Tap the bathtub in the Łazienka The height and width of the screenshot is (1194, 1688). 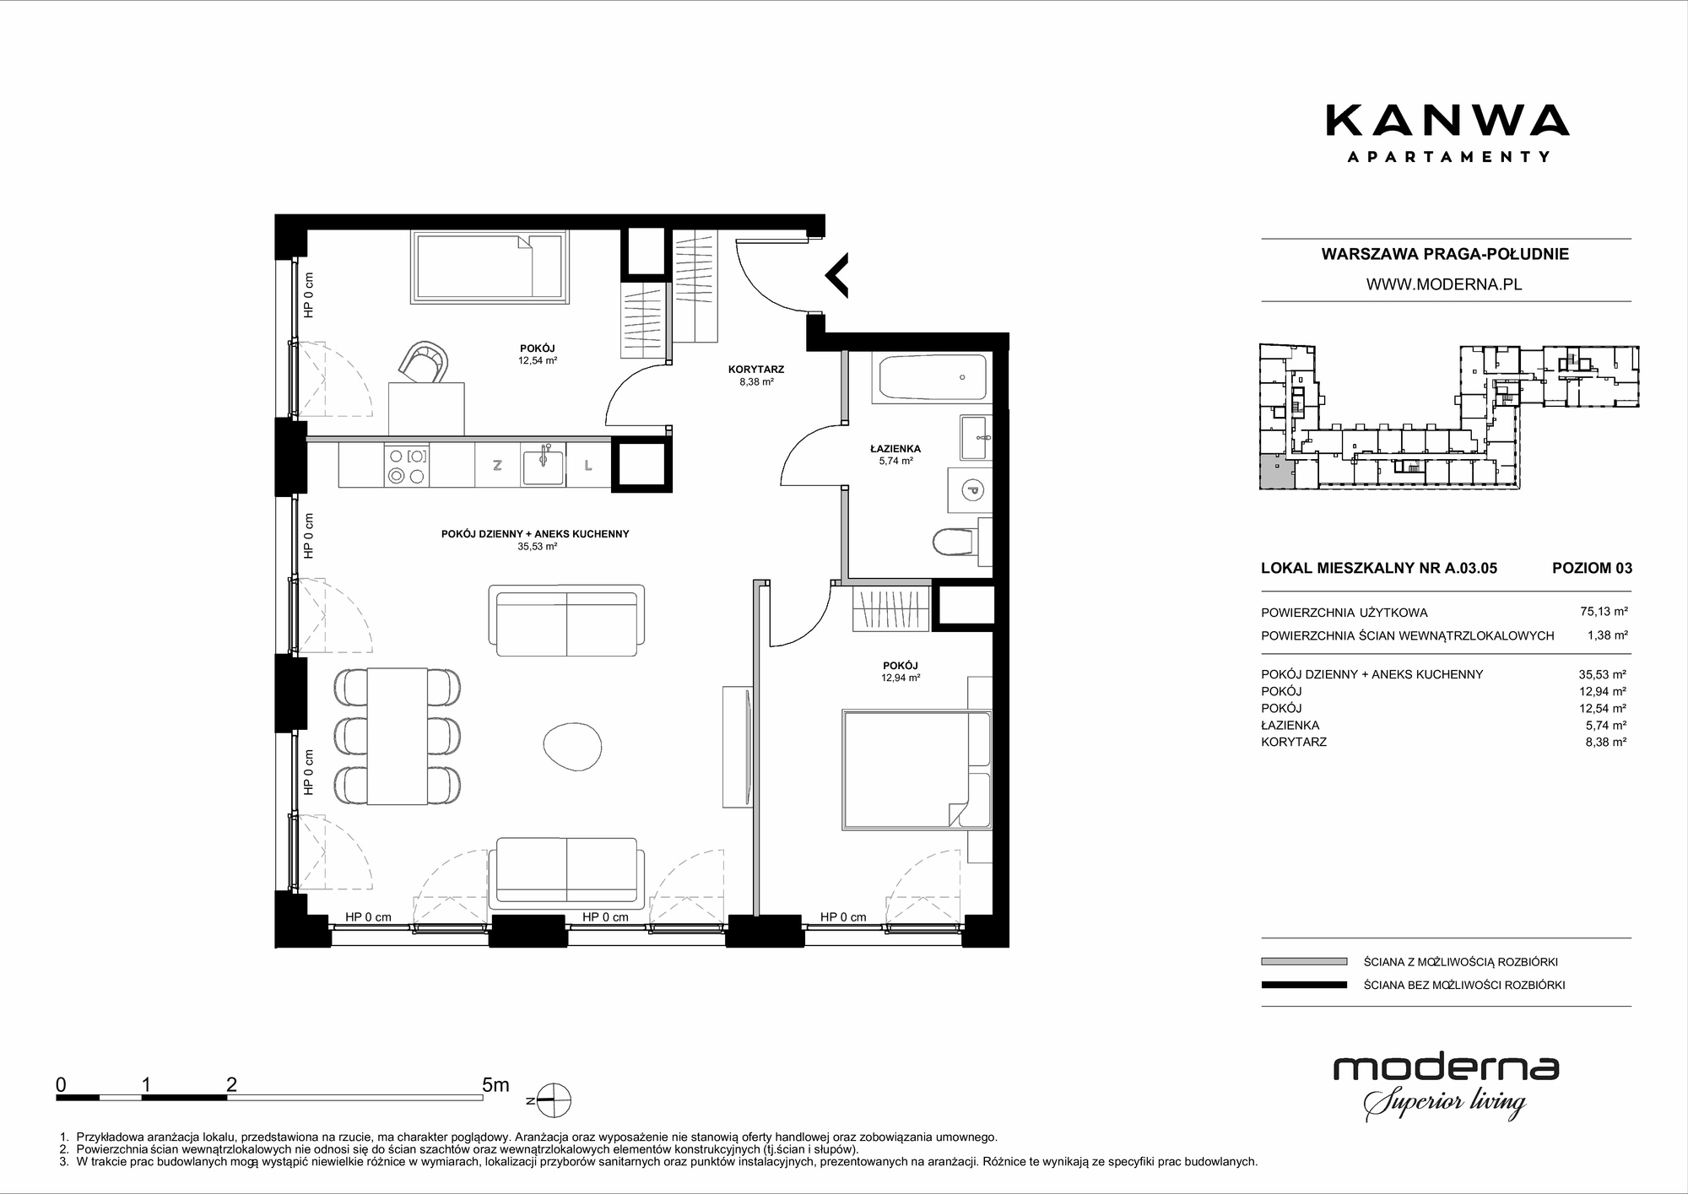(x=933, y=378)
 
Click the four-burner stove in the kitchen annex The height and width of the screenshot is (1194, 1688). (x=406, y=466)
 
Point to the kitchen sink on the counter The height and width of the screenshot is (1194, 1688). (x=544, y=466)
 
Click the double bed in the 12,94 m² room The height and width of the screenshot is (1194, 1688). (x=917, y=770)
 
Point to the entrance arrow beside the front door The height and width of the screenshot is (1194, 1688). (x=836, y=274)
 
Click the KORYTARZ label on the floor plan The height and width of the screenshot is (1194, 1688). (x=756, y=370)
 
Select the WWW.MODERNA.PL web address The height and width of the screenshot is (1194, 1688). (x=1444, y=284)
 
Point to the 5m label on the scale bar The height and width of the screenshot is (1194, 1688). (x=495, y=1085)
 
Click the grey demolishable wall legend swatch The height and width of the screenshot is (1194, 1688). (x=1304, y=961)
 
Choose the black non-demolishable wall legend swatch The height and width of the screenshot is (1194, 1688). (x=1304, y=985)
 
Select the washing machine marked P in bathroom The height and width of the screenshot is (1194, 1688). (x=970, y=489)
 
